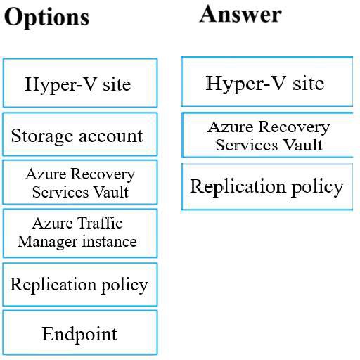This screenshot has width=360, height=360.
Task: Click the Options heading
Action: click(46, 18)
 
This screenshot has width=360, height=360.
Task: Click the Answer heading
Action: click(240, 15)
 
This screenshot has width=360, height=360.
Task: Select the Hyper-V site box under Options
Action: click(80, 83)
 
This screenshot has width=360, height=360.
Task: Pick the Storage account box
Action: click(80, 134)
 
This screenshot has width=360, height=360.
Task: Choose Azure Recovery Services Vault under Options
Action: click(80, 182)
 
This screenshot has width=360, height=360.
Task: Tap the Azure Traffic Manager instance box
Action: click(80, 233)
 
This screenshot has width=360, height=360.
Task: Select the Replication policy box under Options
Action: click(80, 285)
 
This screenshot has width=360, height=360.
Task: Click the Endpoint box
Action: click(80, 333)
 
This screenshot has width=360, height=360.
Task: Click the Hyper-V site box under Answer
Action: click(267, 82)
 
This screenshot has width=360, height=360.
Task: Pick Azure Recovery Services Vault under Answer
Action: click(267, 135)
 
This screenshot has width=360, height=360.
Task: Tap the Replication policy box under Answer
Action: click(267, 186)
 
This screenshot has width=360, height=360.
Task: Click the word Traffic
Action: click(101, 223)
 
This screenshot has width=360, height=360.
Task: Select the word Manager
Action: click(48, 242)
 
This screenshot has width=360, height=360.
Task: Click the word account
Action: click(110, 136)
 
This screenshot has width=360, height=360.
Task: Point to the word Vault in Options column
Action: click(111, 192)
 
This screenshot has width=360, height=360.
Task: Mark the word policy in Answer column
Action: click(317, 187)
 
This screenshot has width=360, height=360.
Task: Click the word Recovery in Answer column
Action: click(294, 128)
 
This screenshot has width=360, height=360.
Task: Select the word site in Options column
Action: click(117, 84)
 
